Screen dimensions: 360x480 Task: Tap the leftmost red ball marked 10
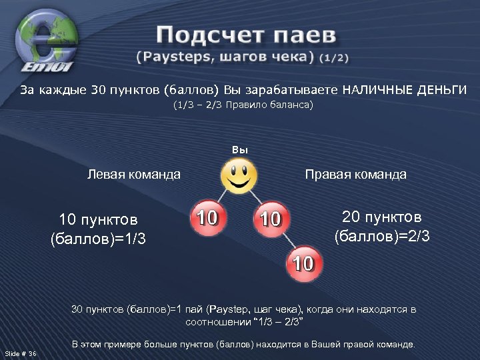tap(209, 217)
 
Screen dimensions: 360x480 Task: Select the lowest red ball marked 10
tap(303, 264)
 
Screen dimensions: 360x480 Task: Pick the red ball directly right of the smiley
tap(271, 218)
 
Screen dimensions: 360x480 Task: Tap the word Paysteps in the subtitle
tap(169, 57)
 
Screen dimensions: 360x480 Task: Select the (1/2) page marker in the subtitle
tap(333, 57)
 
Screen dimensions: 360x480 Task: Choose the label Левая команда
tap(134, 175)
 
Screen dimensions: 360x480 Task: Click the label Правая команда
tap(355, 175)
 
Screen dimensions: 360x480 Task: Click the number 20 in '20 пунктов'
tap(351, 217)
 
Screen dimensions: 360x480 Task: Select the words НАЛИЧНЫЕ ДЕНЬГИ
tap(405, 90)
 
